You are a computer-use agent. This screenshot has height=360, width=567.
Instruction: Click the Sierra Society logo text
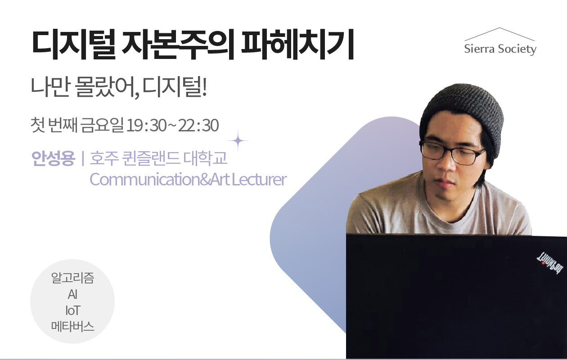[x=500, y=49]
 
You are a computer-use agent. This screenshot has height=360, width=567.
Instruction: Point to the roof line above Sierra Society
[x=499, y=34]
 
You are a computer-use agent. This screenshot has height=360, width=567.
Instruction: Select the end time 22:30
[x=198, y=125]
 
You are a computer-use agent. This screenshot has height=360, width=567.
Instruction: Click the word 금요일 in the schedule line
[x=102, y=125]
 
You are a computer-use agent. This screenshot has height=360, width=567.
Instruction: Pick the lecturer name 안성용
[x=53, y=158]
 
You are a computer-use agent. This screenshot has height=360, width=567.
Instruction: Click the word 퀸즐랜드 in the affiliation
[x=151, y=158]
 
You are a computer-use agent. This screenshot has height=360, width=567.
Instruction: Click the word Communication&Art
[x=160, y=179]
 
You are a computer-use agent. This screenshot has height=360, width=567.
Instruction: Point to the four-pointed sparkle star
[x=238, y=141]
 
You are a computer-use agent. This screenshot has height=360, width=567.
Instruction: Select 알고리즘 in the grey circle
[x=72, y=278]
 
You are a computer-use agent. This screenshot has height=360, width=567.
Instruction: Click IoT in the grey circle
[x=72, y=310]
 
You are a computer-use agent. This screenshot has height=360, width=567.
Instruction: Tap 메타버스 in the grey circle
[x=72, y=326]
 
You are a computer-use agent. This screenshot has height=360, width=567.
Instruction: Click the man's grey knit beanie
[x=461, y=114]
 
